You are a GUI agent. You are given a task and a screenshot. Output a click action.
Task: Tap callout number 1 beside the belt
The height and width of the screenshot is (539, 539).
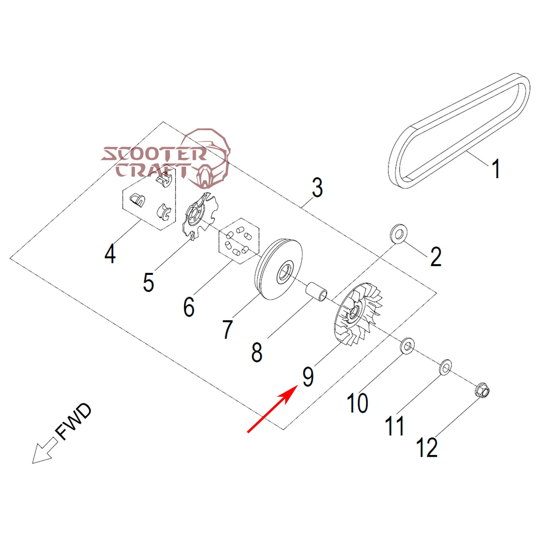tap(495, 169)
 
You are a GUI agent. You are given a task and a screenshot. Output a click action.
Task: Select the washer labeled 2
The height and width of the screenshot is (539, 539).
tap(398, 234)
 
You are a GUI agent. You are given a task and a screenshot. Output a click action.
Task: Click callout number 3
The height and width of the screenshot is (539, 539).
tap(317, 188)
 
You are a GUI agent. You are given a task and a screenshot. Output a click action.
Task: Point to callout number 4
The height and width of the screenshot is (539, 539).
tap(110, 254)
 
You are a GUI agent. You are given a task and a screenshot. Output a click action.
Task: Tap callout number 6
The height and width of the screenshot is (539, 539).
tap(189, 307)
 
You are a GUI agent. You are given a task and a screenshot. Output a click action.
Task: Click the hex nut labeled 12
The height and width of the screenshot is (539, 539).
tap(482, 391)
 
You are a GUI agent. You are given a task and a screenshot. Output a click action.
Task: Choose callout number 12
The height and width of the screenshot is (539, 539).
tap(427, 447)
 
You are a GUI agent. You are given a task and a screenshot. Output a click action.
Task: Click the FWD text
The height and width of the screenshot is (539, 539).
tap(73, 422)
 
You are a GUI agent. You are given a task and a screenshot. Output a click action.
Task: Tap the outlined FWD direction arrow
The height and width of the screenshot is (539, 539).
tap(44, 452)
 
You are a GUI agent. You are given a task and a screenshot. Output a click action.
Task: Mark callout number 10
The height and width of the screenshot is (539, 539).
tap(357, 403)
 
